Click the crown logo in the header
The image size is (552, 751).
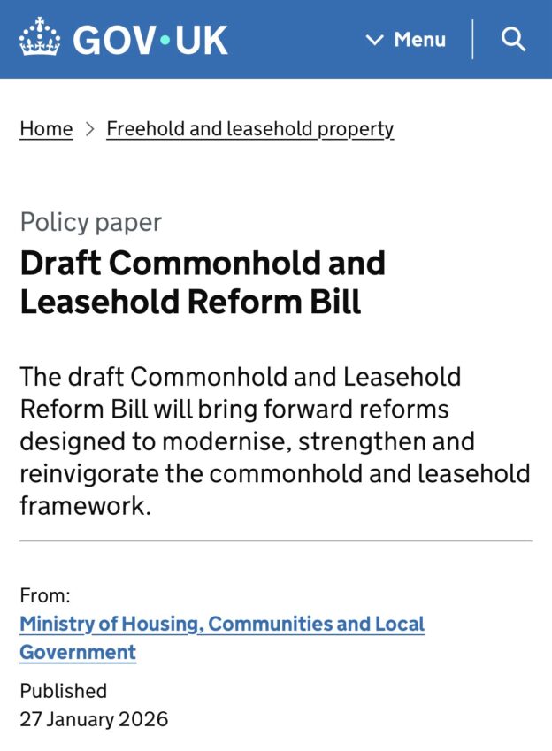pos(40,39)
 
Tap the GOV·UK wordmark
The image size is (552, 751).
pos(150,40)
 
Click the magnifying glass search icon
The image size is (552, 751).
pos(513,39)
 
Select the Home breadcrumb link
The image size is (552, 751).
pos(46,129)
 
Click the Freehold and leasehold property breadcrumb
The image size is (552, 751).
pos(249,129)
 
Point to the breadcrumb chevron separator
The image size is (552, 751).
pos(89,129)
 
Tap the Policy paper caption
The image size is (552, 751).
pos(90,222)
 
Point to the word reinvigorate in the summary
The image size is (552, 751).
pos(88,472)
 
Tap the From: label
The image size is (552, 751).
pos(45,596)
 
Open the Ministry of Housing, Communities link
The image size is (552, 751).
pos(222,624)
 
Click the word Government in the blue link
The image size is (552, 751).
pos(78,653)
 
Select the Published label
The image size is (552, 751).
pos(63,690)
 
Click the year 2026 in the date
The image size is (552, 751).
pos(143,718)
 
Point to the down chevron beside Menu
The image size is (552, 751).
pos(375,40)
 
